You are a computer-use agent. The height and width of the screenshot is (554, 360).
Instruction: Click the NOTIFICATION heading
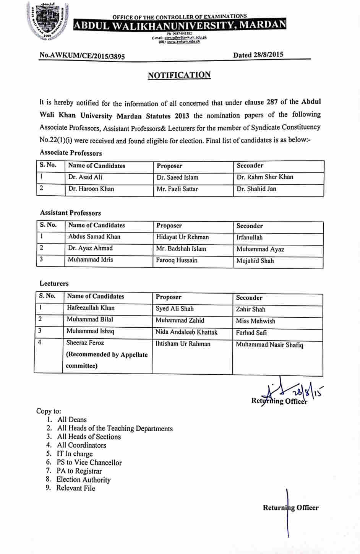(179, 75)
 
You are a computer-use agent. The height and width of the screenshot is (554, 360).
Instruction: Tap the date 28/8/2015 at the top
(258, 55)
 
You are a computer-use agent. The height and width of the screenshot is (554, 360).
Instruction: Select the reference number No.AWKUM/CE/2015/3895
(82, 56)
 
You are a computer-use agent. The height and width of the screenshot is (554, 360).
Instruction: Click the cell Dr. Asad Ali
(85, 177)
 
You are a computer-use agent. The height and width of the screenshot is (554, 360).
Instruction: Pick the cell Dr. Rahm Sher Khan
(265, 177)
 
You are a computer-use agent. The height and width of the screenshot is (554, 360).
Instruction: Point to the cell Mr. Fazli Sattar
(177, 189)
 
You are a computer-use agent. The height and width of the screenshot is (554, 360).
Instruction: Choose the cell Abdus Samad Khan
(94, 237)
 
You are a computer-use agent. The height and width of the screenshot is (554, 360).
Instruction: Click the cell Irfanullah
(250, 237)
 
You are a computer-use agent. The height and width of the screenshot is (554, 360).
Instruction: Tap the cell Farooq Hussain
(177, 260)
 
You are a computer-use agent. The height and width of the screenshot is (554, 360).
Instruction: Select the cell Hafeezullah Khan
(91, 308)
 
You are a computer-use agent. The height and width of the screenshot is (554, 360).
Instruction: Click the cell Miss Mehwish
(255, 321)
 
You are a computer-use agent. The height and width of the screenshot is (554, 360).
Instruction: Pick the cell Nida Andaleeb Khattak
(186, 332)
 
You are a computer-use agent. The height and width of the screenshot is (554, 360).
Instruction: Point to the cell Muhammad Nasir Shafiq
(269, 345)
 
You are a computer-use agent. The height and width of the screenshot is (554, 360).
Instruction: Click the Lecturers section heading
(54, 284)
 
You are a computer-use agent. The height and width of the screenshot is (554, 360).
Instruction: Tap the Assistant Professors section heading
(70, 213)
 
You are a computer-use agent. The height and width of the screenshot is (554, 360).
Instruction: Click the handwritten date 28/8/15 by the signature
(308, 392)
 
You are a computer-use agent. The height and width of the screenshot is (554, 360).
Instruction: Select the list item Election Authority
(83, 480)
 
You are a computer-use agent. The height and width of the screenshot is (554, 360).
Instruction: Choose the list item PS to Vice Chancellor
(89, 463)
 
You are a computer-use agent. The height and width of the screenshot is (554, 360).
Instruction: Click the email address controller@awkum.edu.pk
(185, 38)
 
